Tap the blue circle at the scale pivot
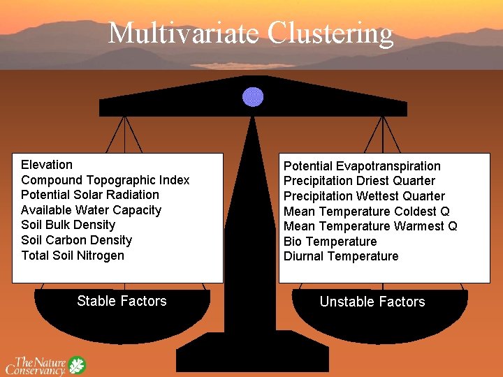pos(252,96)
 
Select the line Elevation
pos(47,165)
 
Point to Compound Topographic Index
pos(105,180)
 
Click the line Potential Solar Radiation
pos(89,195)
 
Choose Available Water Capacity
pos(91,210)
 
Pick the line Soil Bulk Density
pos(68,225)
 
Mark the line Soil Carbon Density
pos(76,240)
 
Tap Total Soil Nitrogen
pos(73,256)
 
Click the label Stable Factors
pos(122,301)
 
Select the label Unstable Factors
pos(372,302)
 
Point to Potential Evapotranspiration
pos(362,166)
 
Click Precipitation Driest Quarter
pos(359,181)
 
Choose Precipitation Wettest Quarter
pos(364,196)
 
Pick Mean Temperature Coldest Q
pos(367,212)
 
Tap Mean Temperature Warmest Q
pos(370,226)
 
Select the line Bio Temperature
pos(330,242)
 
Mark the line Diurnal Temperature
pos(341,256)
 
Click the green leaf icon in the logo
pos(76,365)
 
